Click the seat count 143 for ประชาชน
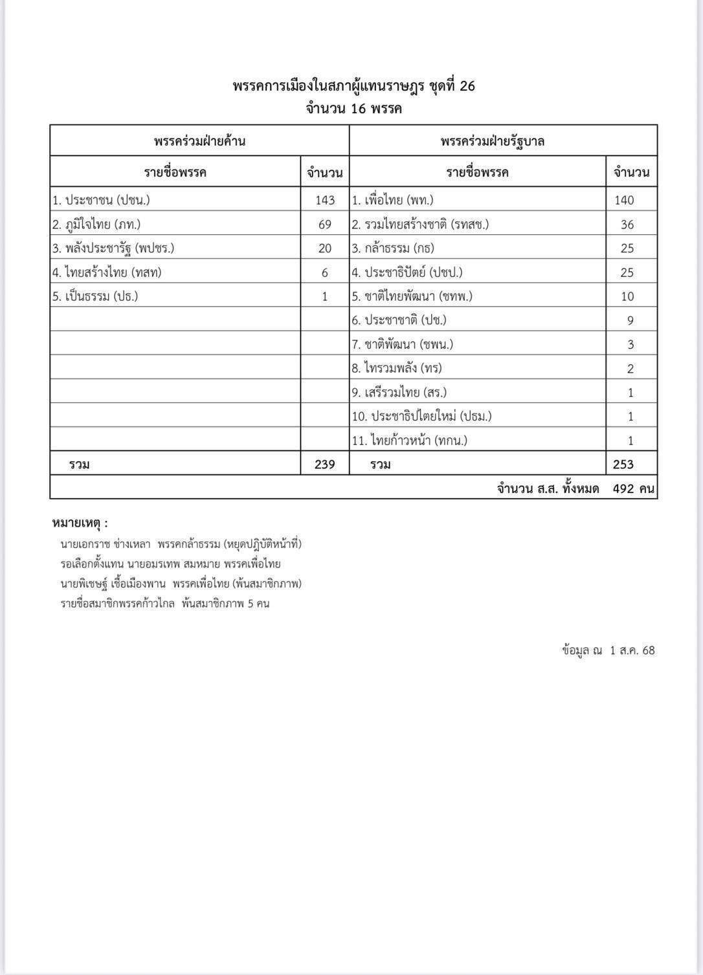325,200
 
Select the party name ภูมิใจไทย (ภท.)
96,225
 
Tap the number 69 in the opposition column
325,225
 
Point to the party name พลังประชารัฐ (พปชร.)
113,248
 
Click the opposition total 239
324,464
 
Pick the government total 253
623,464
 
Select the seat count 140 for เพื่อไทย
624,200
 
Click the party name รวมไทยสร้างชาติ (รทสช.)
420,225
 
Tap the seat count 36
627,225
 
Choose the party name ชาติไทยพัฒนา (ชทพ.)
412,296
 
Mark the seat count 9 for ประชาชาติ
630,320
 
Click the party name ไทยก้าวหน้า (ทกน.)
409,441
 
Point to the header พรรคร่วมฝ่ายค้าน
199,140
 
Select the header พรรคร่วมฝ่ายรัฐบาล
493,140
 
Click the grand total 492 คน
634,488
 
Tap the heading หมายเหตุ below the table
80,523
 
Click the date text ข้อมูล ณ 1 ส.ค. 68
608,650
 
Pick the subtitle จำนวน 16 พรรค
353,108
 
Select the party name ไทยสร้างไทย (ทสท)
107,272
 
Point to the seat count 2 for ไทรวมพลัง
630,369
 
